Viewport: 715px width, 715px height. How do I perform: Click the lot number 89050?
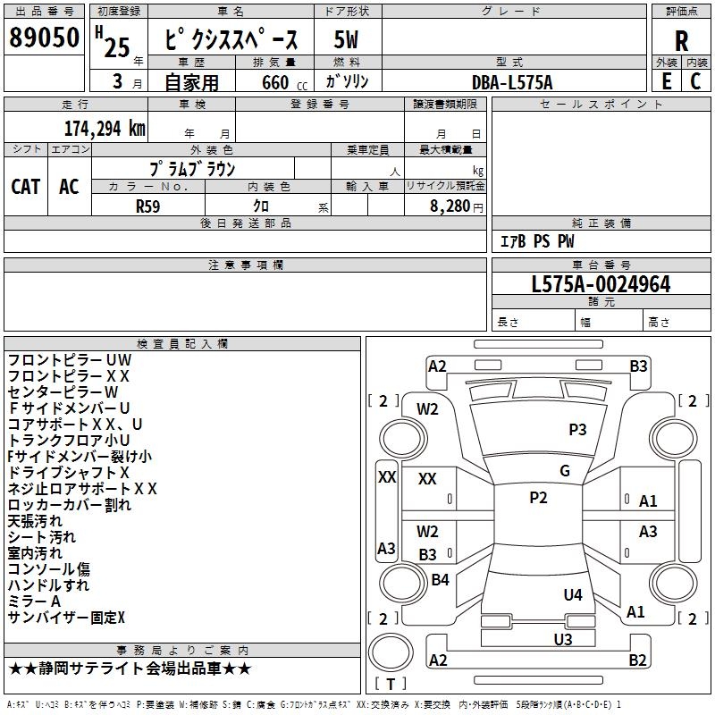coord(44,39)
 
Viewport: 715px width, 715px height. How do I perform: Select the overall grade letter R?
coord(681,41)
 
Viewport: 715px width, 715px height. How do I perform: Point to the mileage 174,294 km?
coord(105,128)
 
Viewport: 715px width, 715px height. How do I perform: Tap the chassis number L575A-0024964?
coord(601,285)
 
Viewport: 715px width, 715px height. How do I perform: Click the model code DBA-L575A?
coord(512,82)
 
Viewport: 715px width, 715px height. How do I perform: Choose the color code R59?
coord(147,205)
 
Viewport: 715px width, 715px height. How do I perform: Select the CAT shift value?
coord(26,186)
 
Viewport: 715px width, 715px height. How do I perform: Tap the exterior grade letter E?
coord(665,81)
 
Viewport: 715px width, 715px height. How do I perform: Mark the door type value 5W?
coord(348,40)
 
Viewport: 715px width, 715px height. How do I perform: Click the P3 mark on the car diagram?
coord(577,430)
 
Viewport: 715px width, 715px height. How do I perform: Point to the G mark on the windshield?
coord(565,471)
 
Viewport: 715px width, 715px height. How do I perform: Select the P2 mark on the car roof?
coord(538,498)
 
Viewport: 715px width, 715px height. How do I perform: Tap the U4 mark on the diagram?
coord(573,594)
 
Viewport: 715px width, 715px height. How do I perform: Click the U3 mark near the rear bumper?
coord(562,639)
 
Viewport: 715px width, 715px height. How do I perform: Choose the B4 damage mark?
coord(440,580)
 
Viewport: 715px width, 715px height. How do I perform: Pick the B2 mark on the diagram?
coord(637,660)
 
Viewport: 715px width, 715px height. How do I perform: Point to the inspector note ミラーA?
coord(34,601)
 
